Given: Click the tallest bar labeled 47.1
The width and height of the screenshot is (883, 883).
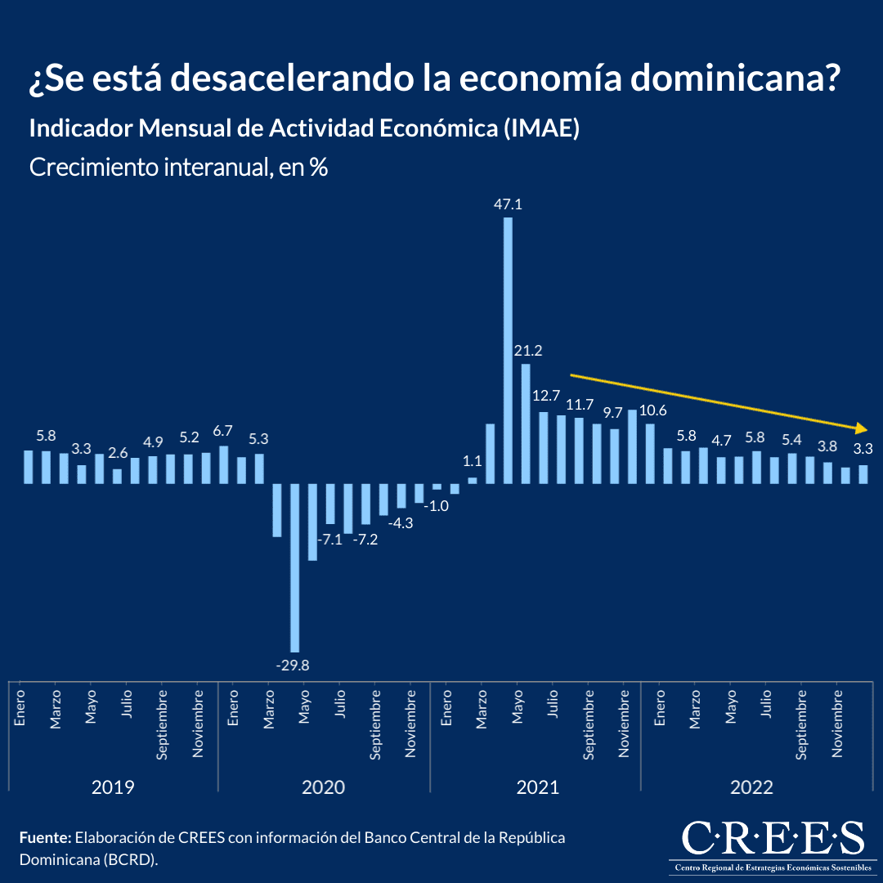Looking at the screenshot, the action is pos(508,350).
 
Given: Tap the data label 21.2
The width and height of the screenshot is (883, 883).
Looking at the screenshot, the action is pos(528,351).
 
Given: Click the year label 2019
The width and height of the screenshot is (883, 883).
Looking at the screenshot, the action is pos(113,787).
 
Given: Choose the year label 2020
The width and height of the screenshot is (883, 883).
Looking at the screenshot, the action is pos(323,787).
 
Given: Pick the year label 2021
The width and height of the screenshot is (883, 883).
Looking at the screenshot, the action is pos(537,787).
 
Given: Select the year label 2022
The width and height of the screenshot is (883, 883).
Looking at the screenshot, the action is pos(751,787).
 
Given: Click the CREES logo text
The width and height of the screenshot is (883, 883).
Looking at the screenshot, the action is pos(773,838).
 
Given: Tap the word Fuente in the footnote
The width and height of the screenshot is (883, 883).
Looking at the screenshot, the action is pos(44,838).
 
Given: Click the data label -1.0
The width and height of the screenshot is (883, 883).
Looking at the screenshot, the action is pos(436,505).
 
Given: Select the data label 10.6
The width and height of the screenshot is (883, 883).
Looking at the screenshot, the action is pos(653,410).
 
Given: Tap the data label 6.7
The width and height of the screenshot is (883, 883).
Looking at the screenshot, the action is pos(223,431).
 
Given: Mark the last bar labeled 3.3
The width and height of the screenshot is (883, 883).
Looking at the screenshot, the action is pos(863,473).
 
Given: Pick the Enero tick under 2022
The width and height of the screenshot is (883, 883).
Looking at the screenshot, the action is pos(660,708).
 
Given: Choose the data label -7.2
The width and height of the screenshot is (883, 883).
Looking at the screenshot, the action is pos(365,540).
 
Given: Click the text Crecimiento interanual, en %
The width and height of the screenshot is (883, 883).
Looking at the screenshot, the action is pos(178,168).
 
